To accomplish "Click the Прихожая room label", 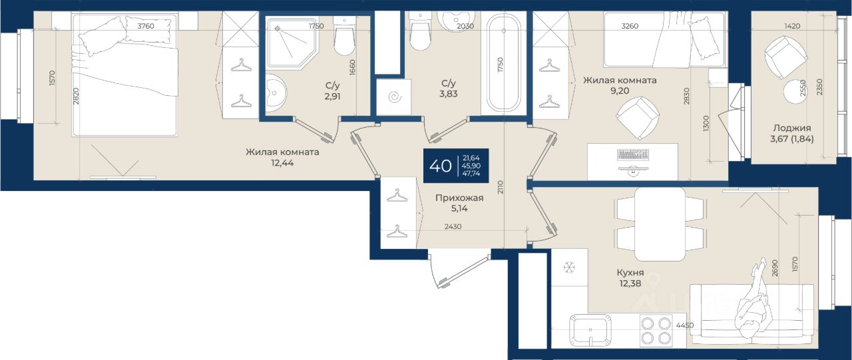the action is coord(459,198).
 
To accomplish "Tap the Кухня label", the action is coord(630,273).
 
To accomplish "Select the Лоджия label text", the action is coord(792,128).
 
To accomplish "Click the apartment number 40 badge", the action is coord(456,166).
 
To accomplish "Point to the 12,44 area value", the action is coord(282,163).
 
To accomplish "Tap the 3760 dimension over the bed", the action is coord(146,26).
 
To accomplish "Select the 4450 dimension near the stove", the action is coord(685,325).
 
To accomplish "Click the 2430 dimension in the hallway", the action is coord(453,226).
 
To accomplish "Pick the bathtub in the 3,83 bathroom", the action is coord(504,63).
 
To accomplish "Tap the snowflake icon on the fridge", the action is coord(569,268).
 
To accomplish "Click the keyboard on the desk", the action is coord(633,155).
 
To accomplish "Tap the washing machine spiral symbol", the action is coord(395,97).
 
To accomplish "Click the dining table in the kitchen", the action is coord(660,224).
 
